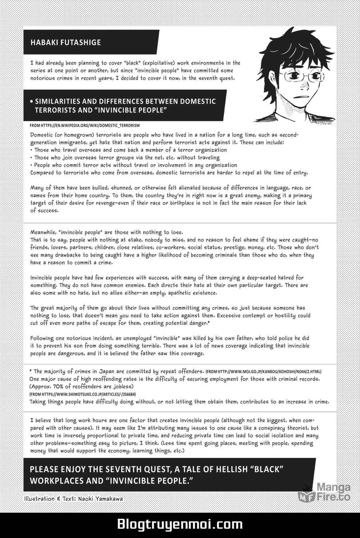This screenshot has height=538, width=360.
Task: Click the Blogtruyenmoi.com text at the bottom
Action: (180, 524)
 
